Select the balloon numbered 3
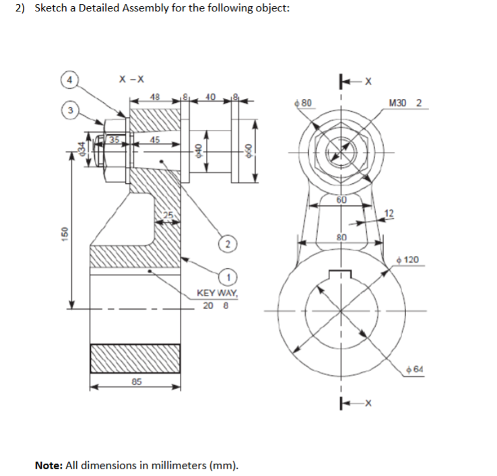[69, 109]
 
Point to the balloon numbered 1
[230, 277]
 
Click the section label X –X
[130, 79]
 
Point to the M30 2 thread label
[405, 103]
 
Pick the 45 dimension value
[155, 140]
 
